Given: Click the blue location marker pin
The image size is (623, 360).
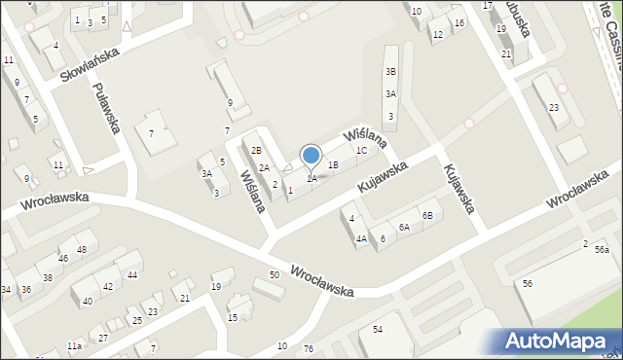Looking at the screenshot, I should click(x=311, y=157).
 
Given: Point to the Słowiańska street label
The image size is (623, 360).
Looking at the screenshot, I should click(x=89, y=63).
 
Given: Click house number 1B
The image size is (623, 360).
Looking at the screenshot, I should click(x=333, y=165).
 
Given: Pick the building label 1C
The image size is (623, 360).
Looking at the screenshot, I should click(x=361, y=151).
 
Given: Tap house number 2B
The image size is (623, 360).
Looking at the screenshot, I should click(x=256, y=151).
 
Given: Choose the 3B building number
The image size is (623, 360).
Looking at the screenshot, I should click(x=390, y=72).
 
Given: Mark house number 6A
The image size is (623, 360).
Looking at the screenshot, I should click(x=403, y=227).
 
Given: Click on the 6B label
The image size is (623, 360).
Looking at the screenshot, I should click(x=426, y=215).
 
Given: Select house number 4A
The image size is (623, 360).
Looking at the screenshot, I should click(x=360, y=238).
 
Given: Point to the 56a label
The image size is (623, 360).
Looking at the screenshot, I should click(x=602, y=250).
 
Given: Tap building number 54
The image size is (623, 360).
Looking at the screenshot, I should click(x=378, y=330).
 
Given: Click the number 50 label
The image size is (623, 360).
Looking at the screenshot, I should click(x=275, y=275).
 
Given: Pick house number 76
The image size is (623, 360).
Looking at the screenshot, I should click(x=308, y=347).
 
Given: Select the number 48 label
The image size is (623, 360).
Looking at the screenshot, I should click(x=82, y=250).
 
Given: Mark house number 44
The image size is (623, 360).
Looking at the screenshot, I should click(x=131, y=275).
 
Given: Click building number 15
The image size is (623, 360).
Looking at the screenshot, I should click(x=233, y=318).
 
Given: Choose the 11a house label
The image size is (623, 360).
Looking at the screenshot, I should click(x=74, y=346).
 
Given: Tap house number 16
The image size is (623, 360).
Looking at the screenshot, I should click(x=459, y=22).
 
